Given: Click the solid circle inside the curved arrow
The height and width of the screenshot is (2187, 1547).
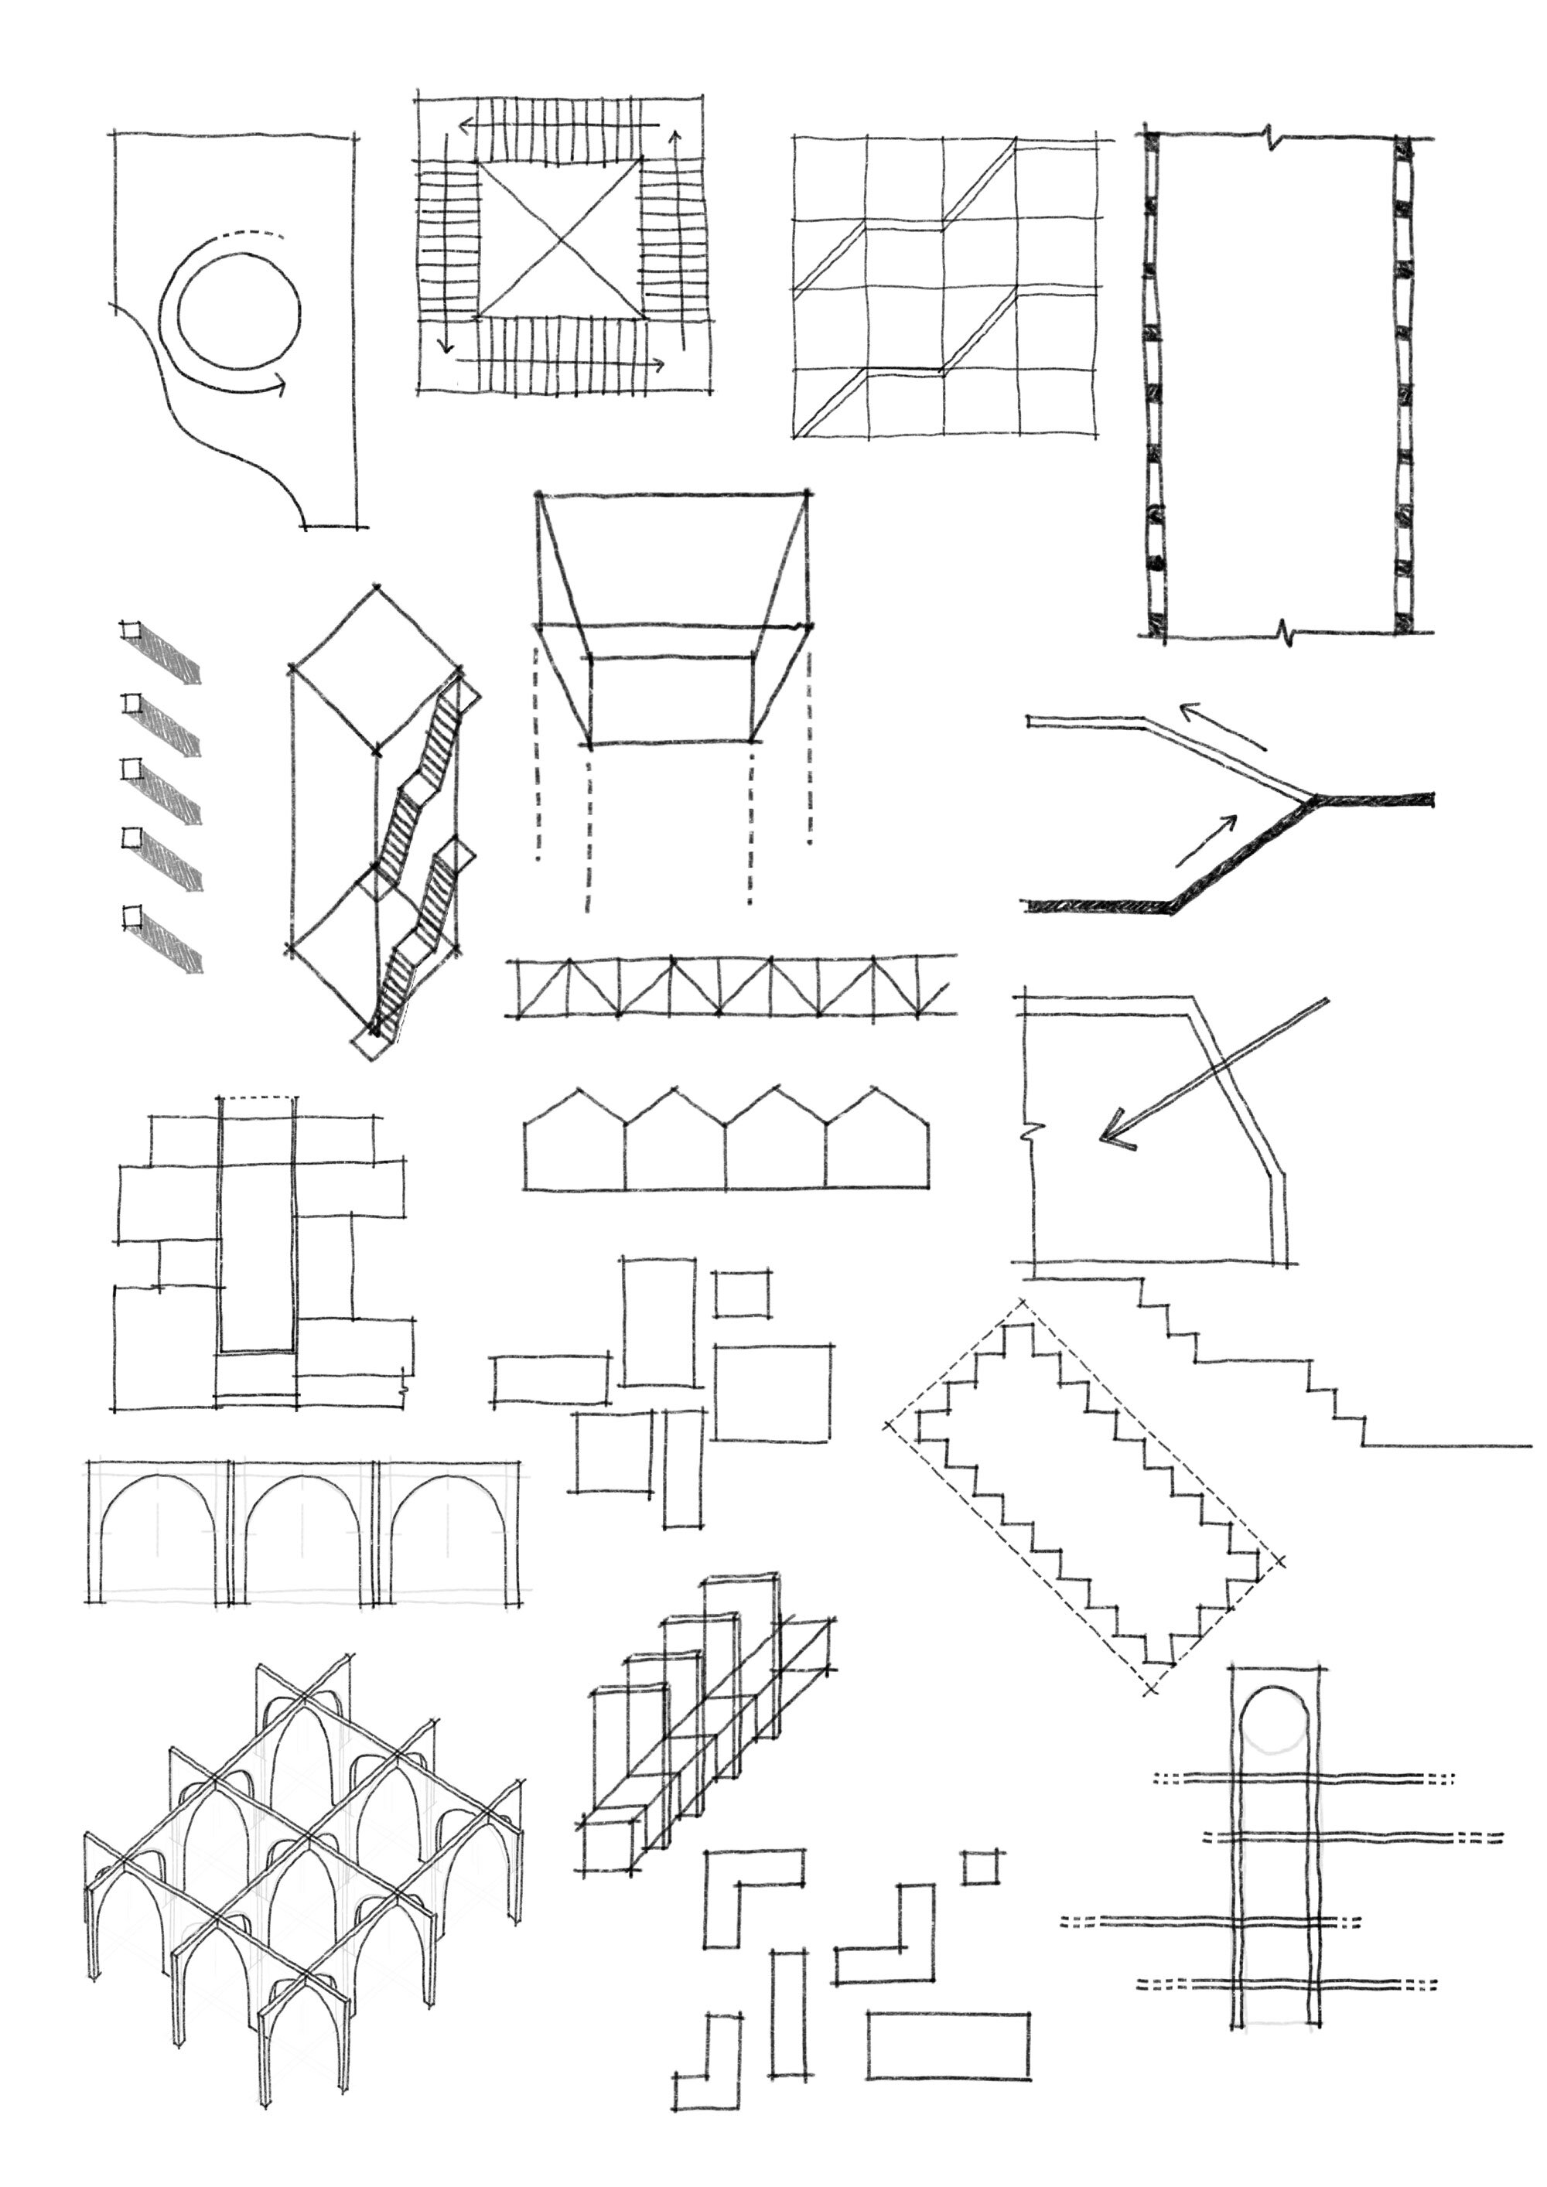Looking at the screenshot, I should [238, 311].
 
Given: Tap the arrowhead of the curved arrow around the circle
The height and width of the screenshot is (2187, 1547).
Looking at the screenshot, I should [281, 385].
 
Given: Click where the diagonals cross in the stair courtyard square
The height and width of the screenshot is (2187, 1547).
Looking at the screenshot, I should [559, 239].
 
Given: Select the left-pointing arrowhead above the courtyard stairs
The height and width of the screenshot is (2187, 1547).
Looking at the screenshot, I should [466, 125].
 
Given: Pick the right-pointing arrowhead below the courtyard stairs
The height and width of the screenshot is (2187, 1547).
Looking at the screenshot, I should [658, 365].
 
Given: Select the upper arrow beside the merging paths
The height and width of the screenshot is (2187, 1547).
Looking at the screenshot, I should [1222, 728].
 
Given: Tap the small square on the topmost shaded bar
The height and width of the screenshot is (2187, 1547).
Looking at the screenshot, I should [129, 630].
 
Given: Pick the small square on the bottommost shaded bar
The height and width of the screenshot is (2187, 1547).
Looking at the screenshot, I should [131, 916].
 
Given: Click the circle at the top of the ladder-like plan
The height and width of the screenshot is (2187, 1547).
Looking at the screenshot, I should [1274, 1718].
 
